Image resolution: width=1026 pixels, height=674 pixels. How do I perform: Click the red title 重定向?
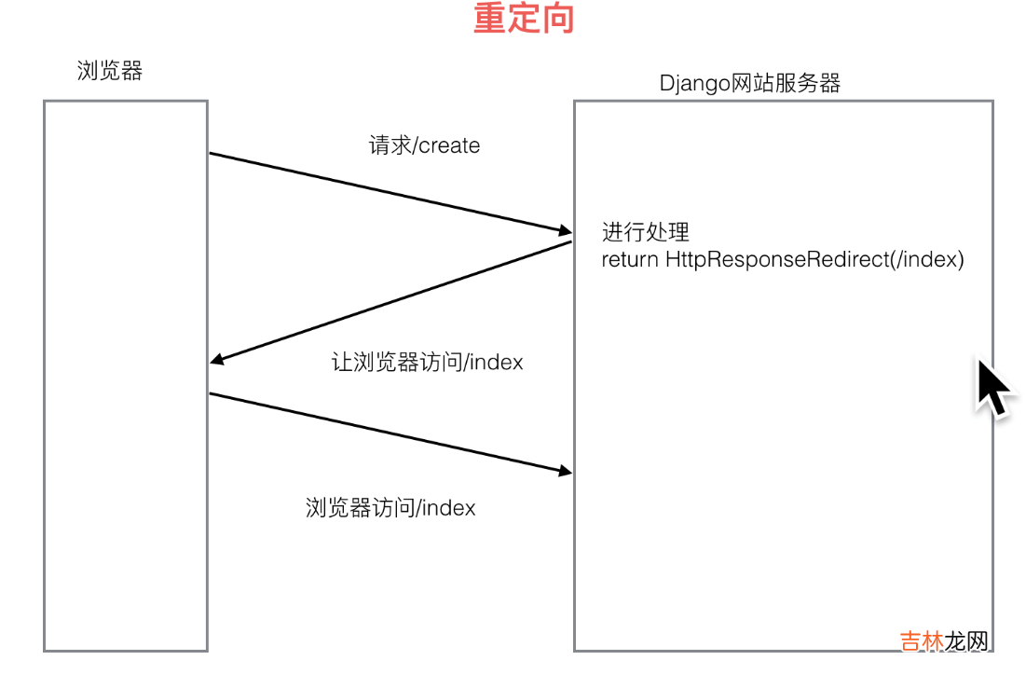point(523,19)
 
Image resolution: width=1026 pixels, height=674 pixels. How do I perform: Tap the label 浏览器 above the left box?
point(110,71)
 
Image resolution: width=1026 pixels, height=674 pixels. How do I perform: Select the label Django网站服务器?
point(750,83)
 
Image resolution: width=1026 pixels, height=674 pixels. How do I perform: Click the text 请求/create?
point(424,145)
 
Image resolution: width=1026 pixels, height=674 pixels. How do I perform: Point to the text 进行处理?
point(645,232)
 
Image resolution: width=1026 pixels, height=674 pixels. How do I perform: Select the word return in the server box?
point(630,259)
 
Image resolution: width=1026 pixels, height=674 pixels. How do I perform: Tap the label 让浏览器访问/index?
point(428,362)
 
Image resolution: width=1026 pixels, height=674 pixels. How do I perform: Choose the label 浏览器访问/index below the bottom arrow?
point(390,507)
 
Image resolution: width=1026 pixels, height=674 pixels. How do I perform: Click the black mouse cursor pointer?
point(992,386)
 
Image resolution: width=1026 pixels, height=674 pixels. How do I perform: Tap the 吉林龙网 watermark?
point(942,641)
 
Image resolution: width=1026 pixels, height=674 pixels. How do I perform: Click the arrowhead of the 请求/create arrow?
point(564,230)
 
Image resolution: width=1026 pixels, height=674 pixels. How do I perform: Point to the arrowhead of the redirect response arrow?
point(216,361)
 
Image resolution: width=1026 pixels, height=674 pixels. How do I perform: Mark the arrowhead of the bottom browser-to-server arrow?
point(564,472)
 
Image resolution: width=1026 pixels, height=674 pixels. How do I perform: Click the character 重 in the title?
point(490,19)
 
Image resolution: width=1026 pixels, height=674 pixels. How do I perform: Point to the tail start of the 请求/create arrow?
point(211,154)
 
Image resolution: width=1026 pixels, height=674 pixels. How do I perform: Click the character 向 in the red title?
point(557,19)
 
